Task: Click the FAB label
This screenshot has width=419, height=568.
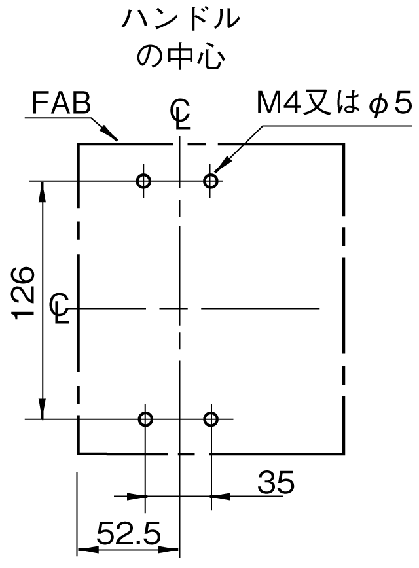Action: coord(62,103)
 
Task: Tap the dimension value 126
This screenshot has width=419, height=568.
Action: coord(24,293)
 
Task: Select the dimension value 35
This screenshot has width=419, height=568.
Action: coord(276,482)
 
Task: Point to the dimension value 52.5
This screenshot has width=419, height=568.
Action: coord(129,533)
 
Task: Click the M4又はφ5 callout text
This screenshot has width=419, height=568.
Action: coord(334,103)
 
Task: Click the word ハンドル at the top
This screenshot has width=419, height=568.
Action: coord(180,19)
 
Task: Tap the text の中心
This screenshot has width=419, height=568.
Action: coord(180,57)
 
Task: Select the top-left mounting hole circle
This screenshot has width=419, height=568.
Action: coord(143,181)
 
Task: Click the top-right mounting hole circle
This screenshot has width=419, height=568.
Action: coord(210,181)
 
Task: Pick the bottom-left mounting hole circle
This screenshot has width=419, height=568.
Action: coord(146,419)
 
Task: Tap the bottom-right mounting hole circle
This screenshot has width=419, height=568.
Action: coord(211,419)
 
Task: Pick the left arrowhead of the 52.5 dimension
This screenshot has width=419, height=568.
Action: coord(88,550)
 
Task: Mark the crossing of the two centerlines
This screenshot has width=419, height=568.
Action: coord(180,308)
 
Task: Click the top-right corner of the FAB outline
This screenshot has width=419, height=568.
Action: coord(344,144)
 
